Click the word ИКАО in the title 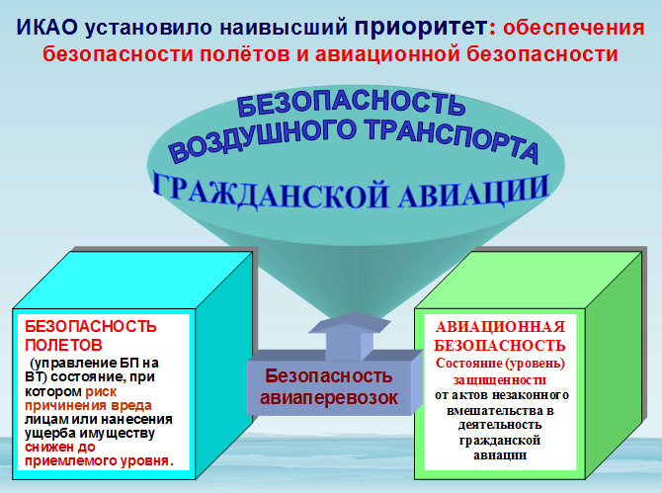coord(47,28)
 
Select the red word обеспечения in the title coord(574,29)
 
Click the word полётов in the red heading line coord(244,54)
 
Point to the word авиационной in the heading coord(387,54)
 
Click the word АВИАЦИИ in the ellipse coord(473,192)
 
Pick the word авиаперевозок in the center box coord(328,397)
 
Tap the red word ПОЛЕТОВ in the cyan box coord(63,345)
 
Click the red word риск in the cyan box coord(101,391)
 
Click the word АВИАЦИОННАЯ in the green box coord(500,327)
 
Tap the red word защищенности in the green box coord(500,380)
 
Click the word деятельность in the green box coord(500,425)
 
